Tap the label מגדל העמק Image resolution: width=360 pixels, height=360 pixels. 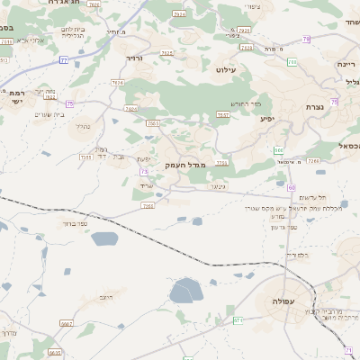click(x=186, y=166)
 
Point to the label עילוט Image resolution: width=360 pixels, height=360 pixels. click(x=226, y=68)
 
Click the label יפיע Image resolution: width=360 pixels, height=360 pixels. click(x=267, y=118)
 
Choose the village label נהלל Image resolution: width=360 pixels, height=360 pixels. click(x=82, y=127)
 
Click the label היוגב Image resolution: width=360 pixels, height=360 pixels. click(x=105, y=296)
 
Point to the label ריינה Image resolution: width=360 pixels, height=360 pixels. click(x=346, y=65)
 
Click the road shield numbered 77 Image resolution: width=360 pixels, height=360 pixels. click(x=64, y=59)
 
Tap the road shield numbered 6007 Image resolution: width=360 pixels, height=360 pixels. click(x=67, y=322)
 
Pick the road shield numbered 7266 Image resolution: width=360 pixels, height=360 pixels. click(x=313, y=160)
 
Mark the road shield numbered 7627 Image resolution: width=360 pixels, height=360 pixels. click(x=223, y=114)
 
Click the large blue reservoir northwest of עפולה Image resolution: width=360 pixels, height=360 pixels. click(x=188, y=291)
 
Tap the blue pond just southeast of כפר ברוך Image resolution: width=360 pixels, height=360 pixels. click(x=103, y=239)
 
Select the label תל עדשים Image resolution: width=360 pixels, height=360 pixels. click(x=311, y=197)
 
